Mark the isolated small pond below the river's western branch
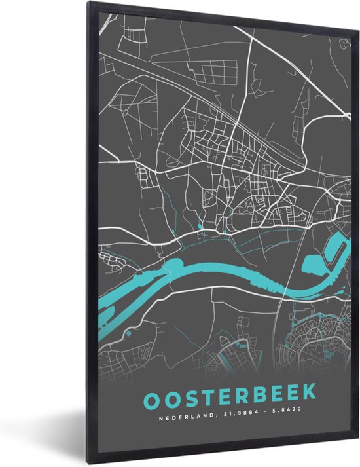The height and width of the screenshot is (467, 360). [128, 333]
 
